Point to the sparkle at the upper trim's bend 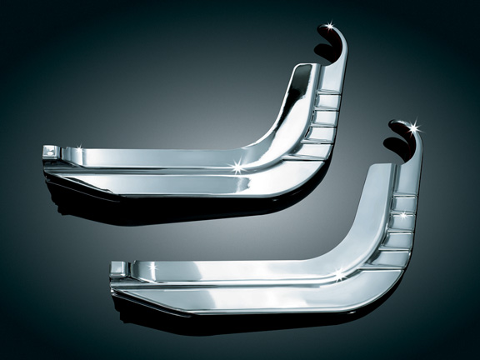click(x=239, y=166)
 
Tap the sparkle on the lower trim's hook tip click(x=414, y=127)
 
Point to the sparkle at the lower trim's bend click(x=339, y=272)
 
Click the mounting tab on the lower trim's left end click(x=117, y=268)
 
